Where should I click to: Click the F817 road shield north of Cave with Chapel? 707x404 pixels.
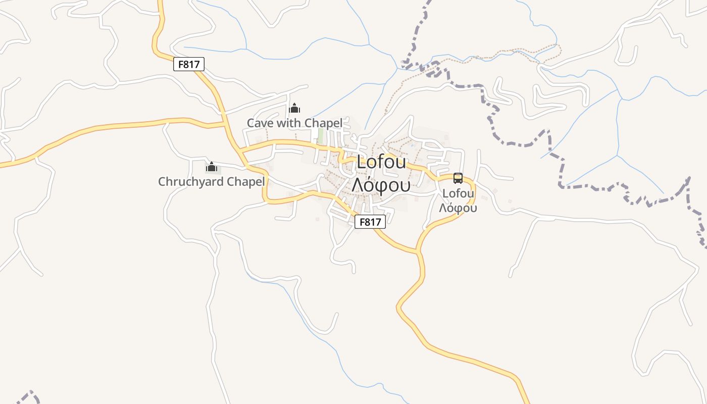coord(188,64)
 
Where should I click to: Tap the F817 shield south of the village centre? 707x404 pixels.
coord(370,221)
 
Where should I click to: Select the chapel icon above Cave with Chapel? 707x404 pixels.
coord(294,108)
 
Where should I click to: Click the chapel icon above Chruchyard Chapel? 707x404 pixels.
coord(212,167)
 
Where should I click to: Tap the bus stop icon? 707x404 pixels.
coord(458,178)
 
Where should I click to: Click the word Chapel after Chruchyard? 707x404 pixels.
coord(247,181)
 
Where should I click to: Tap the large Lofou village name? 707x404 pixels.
coord(381,162)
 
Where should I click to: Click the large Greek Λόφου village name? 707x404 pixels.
coord(381,185)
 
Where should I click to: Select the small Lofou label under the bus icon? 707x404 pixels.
coord(458,193)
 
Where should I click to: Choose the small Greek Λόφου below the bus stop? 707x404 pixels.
coord(458,208)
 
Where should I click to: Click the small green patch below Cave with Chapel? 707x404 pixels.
coord(320,135)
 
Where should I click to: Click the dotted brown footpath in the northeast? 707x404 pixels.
coord(505,52)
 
